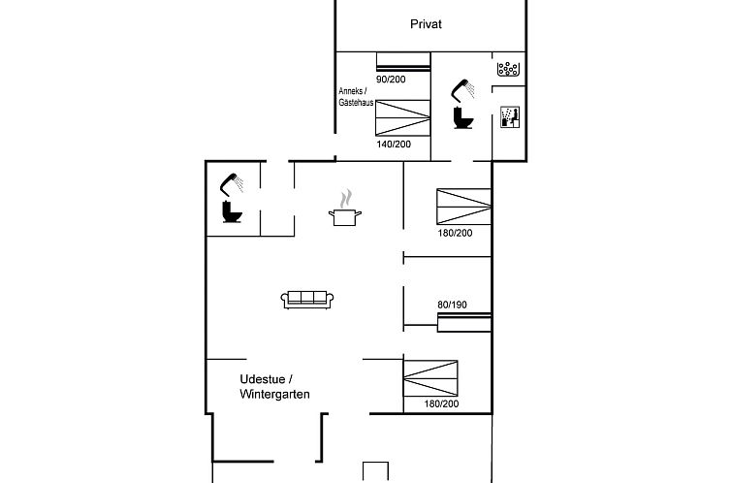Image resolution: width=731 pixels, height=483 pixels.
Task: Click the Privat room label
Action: click(x=426, y=24)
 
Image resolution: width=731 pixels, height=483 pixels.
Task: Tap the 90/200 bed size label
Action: click(x=391, y=80)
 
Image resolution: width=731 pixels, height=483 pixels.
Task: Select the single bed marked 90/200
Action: click(x=403, y=62)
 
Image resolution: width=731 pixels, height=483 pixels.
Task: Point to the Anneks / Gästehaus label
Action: click(x=356, y=97)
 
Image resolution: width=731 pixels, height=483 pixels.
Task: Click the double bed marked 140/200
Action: click(x=402, y=118)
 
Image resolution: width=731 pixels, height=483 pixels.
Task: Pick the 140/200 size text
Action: click(x=394, y=145)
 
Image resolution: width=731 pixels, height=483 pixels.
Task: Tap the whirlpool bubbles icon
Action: click(x=508, y=69)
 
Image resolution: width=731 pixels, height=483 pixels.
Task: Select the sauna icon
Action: click(x=510, y=116)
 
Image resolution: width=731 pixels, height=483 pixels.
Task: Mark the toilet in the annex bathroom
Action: click(x=463, y=118)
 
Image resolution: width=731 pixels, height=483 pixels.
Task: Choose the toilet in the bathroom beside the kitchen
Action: click(x=232, y=211)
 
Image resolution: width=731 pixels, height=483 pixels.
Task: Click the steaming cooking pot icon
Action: click(x=344, y=209)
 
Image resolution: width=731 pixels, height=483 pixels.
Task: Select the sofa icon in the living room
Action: click(x=307, y=300)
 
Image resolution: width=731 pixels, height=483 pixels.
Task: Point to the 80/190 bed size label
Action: click(x=452, y=305)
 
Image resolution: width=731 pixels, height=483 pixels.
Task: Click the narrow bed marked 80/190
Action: click(x=464, y=323)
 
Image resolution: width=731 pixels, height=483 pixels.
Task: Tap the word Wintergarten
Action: click(x=274, y=395)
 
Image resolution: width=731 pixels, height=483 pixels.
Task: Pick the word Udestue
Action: click(x=263, y=379)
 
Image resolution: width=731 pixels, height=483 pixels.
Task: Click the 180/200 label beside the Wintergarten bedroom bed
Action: click(x=441, y=404)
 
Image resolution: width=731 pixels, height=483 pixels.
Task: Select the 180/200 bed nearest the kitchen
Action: click(x=463, y=207)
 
